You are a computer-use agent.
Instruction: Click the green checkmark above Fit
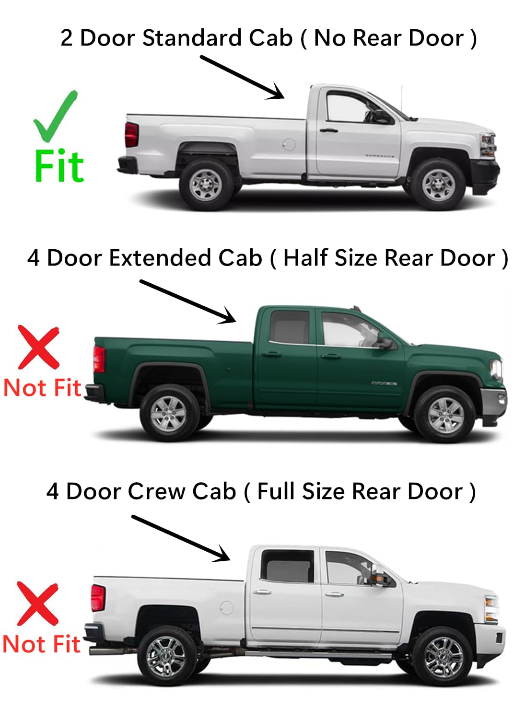(x=54, y=116)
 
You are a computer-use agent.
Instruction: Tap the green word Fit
(x=59, y=166)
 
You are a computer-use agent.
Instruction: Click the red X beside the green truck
(x=39, y=347)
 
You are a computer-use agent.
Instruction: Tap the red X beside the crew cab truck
(x=38, y=603)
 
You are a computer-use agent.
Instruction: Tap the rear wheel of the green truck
(x=169, y=413)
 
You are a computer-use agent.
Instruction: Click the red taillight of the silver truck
(x=131, y=135)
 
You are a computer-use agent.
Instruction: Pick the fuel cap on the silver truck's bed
(x=289, y=144)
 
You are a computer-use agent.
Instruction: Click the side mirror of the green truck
(x=385, y=343)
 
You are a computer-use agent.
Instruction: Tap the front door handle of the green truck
(x=331, y=356)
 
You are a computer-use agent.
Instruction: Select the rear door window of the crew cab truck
(x=287, y=567)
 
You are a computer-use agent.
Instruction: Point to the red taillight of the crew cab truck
(x=98, y=597)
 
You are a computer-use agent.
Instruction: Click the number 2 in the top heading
(x=67, y=38)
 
